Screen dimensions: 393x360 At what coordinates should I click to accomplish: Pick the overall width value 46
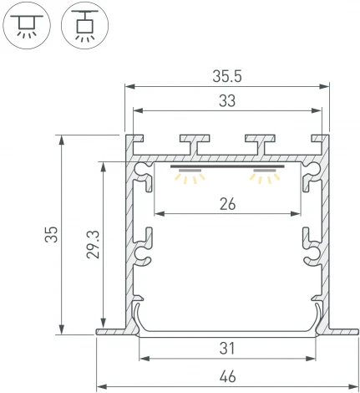point(226,377)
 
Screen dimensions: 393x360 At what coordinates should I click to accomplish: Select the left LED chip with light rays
point(190,176)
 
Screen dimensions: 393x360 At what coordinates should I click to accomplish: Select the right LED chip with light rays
point(265,176)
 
